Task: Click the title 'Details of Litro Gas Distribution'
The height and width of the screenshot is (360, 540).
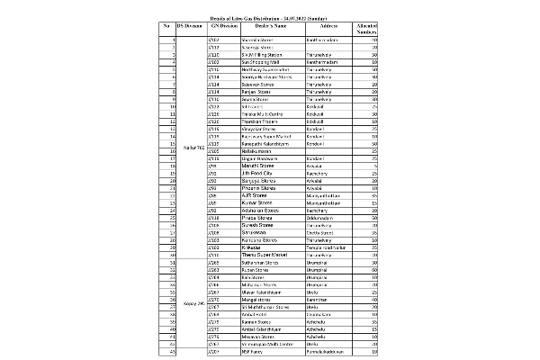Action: tap(270, 17)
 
